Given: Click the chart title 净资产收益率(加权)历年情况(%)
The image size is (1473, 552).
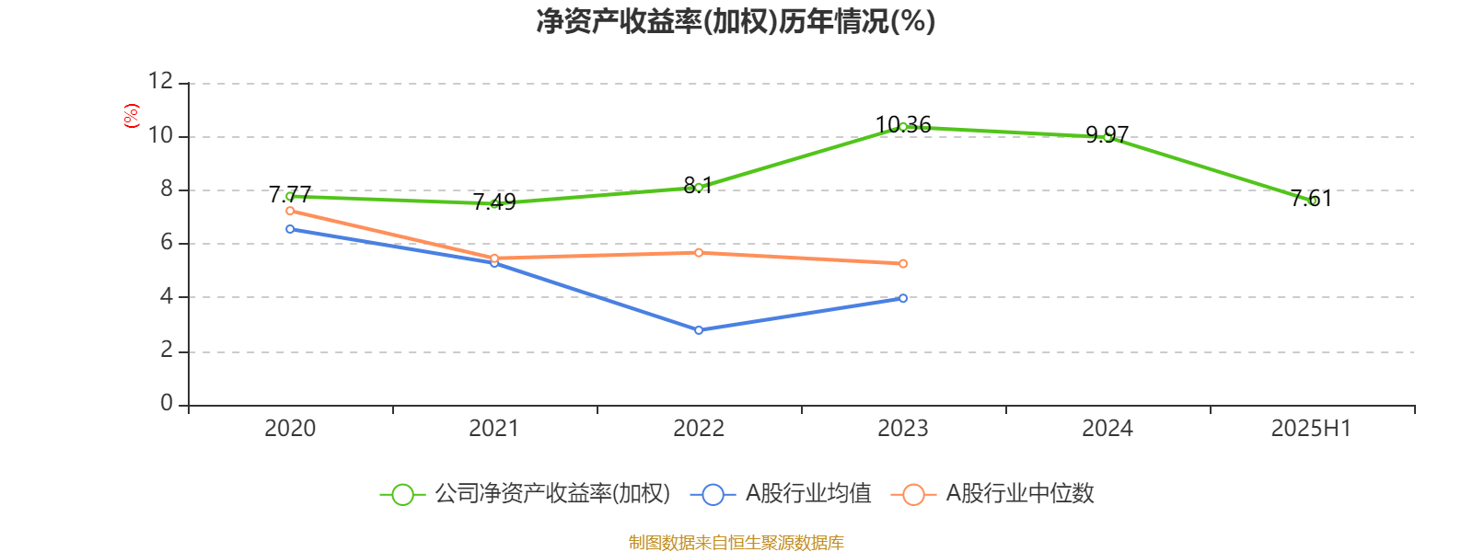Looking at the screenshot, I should click(736, 21).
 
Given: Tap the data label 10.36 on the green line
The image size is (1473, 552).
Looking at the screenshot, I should click(903, 124).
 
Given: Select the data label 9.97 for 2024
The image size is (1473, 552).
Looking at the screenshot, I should click(1107, 134).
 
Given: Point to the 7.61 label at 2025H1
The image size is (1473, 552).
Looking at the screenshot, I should click(1311, 198).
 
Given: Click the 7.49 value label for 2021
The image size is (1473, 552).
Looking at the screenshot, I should click(494, 201).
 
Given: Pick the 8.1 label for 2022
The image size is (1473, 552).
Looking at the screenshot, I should click(698, 185).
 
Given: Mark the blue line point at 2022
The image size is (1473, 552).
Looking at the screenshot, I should click(699, 329).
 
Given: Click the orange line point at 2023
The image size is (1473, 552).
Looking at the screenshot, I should click(903, 264).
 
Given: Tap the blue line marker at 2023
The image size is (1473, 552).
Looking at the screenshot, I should click(903, 298).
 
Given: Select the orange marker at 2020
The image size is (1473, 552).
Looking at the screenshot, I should click(290, 211).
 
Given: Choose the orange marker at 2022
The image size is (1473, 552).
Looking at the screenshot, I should click(699, 252).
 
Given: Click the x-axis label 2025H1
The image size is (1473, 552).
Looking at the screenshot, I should click(1310, 428).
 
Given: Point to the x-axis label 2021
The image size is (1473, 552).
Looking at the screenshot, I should click(494, 428).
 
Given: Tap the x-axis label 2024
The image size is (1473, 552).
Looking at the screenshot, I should click(1107, 428).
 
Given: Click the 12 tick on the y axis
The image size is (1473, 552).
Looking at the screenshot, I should click(160, 82).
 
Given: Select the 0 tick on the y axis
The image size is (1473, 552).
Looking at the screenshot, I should click(167, 403).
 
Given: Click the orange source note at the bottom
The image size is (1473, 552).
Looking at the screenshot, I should click(736, 543).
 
